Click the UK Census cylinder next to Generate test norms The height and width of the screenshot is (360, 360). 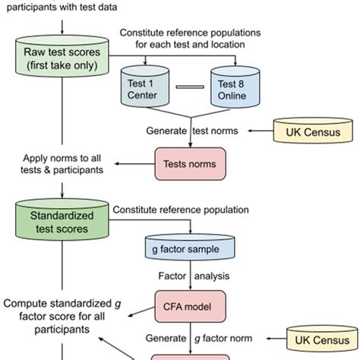314,131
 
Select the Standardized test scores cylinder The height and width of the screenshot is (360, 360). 60,219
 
